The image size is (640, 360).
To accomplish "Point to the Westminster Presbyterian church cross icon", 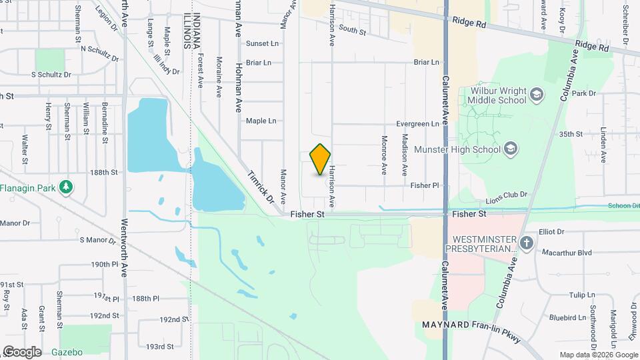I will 526,243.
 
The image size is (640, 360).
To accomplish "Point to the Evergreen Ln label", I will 417,124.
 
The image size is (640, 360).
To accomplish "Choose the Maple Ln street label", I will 261,121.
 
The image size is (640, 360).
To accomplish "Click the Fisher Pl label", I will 425,185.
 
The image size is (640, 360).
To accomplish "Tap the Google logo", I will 22,351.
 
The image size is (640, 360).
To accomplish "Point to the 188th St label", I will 104,172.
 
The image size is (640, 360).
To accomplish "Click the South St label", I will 353,30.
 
